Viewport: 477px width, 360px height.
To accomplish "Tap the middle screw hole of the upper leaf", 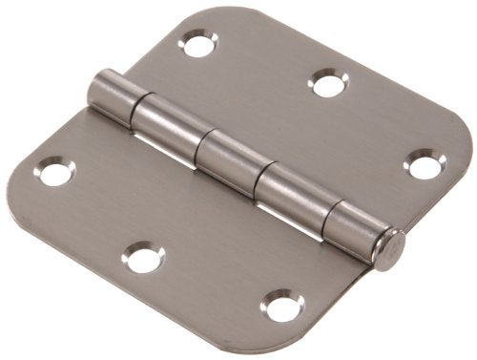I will (x=327, y=85).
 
